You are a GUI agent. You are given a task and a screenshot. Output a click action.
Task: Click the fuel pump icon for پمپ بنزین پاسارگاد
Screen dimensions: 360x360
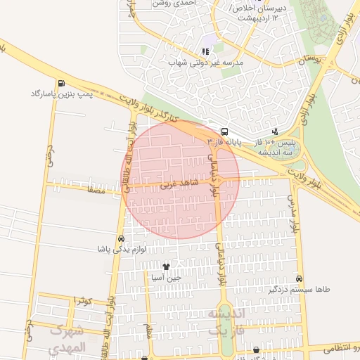pyautogui.click(x=63, y=83)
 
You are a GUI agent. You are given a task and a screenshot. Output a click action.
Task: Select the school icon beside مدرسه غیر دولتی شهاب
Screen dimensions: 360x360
pyautogui.click(x=205, y=51)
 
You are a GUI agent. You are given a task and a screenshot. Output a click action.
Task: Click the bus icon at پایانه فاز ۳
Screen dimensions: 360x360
pyautogui.click(x=224, y=131)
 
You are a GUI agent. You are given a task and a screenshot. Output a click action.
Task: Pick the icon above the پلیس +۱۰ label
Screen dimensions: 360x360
pyautogui.click(x=275, y=131)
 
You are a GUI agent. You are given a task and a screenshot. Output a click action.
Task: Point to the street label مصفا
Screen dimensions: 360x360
pyautogui.click(x=96, y=191)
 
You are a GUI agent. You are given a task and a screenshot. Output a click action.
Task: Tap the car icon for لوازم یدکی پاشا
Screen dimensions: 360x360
pyautogui.click(x=122, y=239)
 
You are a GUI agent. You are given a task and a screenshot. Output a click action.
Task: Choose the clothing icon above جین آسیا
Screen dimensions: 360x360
pyautogui.click(x=166, y=266)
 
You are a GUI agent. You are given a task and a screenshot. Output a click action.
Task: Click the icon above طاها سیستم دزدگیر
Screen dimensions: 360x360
pyautogui.click(x=300, y=279)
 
